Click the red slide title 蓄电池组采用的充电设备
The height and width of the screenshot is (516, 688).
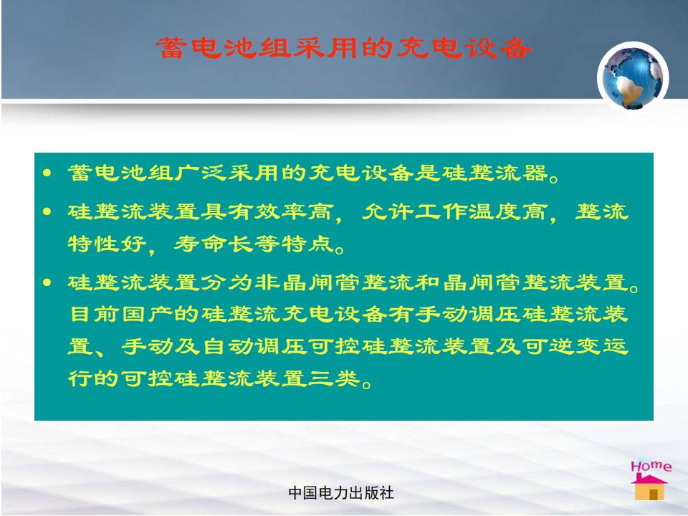(x=343, y=48)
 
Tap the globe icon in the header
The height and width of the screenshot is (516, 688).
(x=633, y=77)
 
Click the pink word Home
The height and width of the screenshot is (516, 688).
(x=651, y=466)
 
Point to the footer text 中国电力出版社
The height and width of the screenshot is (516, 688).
(x=341, y=493)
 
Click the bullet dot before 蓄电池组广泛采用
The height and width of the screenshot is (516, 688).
(x=47, y=173)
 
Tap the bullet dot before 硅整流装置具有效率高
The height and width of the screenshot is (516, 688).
(x=47, y=212)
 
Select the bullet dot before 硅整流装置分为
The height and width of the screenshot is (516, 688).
(x=47, y=282)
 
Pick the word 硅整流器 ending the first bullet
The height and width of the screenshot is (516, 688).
(x=495, y=173)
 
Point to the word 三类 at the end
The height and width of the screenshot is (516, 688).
(x=333, y=378)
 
